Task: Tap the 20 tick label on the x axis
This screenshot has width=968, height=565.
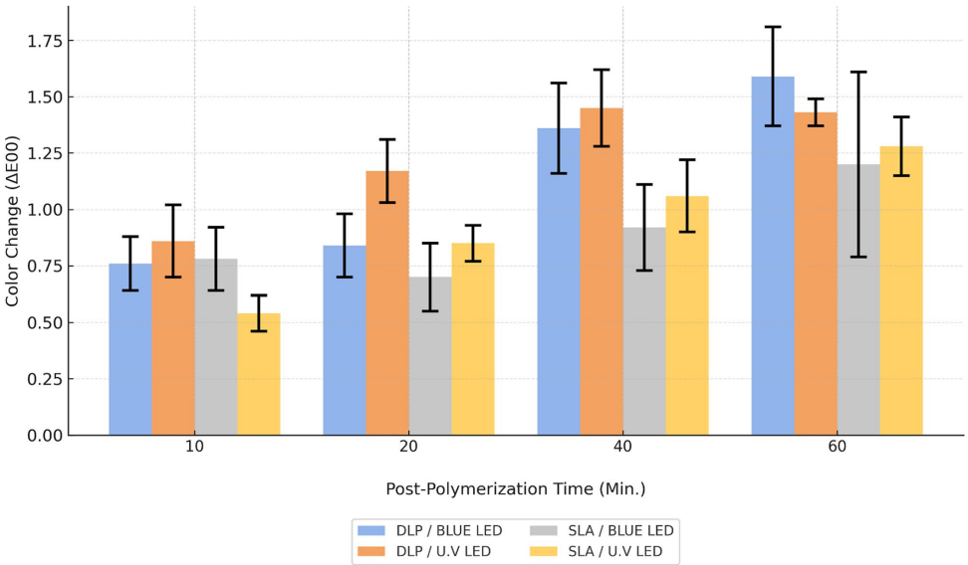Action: (408, 449)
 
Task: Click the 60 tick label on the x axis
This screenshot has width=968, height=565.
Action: (837, 449)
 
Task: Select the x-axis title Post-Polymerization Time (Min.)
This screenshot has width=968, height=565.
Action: (516, 489)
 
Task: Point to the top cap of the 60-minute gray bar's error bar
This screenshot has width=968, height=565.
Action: (858, 72)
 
